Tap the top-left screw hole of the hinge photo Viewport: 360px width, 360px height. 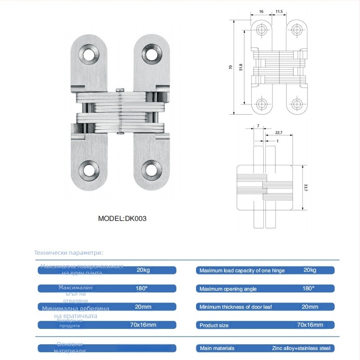89,55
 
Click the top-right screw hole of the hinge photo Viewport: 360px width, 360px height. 152,55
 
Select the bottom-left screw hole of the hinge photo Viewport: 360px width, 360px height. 89,170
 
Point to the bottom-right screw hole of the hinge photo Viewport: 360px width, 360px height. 152,170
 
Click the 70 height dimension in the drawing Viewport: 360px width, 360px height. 231,67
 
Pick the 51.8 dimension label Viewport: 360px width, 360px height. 241,67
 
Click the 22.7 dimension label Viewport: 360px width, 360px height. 278,133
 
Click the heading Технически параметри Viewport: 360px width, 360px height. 69,253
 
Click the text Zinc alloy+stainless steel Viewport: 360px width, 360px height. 301,348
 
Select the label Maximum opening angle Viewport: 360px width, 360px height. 228,289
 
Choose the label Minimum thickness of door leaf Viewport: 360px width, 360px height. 235,307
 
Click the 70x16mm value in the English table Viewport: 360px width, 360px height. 310,325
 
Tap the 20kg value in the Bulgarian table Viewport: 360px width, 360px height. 144,270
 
